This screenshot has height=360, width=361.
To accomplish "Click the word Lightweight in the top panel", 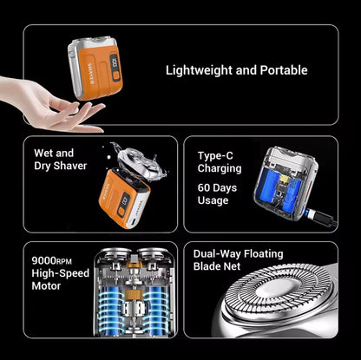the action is [x=199, y=70].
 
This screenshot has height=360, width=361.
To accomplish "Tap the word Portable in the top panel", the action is [x=284, y=70].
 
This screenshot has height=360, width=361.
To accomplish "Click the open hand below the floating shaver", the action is [x=52, y=104].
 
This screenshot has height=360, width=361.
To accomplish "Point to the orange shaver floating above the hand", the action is [x=95, y=68].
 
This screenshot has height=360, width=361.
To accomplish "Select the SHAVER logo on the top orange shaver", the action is [x=90, y=74].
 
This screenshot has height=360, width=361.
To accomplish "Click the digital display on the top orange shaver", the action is [x=114, y=62].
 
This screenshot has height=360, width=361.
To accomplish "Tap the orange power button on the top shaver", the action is [x=116, y=76].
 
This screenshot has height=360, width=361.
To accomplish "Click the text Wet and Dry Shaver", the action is [x=60, y=160].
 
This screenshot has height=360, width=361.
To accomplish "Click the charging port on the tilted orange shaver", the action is [x=134, y=222].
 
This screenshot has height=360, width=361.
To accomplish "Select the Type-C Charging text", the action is [x=220, y=162].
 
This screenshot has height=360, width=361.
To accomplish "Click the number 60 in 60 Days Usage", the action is [x=204, y=188].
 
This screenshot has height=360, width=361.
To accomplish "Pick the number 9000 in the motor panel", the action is [x=43, y=260].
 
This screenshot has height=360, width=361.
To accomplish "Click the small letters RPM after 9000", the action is [x=63, y=262].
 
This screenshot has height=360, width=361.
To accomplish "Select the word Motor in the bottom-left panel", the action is [x=46, y=286].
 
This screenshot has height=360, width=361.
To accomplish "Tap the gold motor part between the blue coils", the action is [x=134, y=295].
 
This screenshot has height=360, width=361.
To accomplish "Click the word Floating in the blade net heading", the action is [x=263, y=254].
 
